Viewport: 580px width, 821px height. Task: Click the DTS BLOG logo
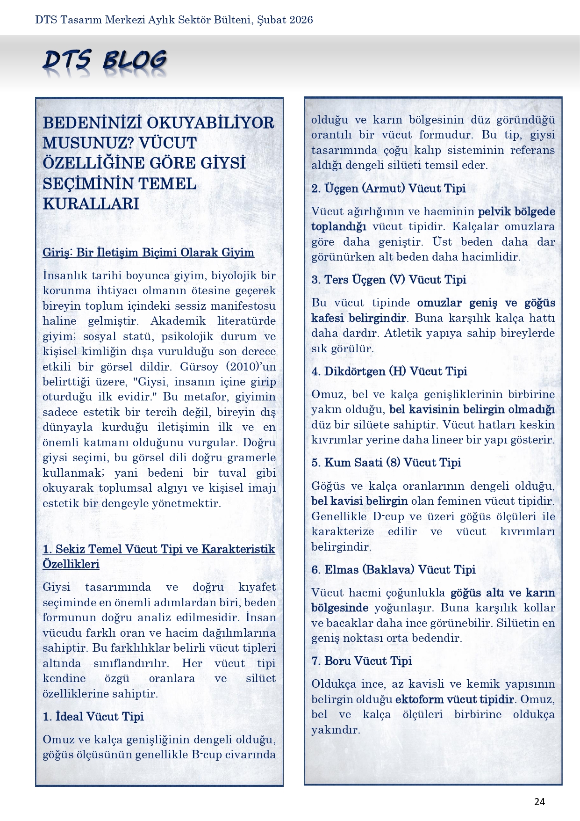[105, 62]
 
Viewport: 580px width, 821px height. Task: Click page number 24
[539, 802]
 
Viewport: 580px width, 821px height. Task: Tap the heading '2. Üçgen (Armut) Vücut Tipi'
[388, 189]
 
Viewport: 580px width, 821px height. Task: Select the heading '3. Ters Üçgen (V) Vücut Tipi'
[388, 280]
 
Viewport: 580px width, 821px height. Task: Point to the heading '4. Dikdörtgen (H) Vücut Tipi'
[389, 371]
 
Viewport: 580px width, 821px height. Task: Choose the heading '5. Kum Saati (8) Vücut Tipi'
[386, 463]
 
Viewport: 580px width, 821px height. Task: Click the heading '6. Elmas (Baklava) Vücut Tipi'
[393, 570]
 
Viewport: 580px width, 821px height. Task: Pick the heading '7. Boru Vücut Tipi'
[361, 661]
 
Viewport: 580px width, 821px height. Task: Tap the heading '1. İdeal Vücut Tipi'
[93, 717]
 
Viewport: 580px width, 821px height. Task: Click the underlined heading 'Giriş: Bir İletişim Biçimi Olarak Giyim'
[148, 253]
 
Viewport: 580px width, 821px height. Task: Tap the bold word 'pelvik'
[494, 211]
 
